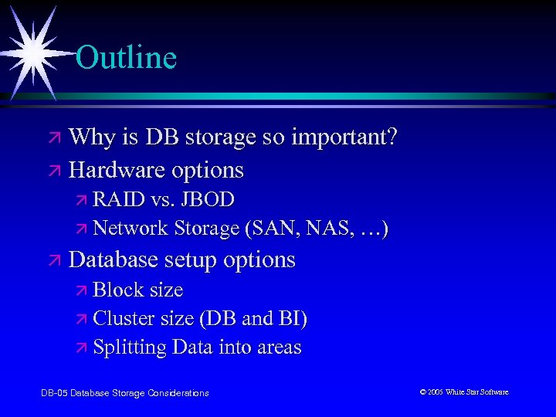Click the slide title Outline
[127, 58]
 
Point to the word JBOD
[208, 199]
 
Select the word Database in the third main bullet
[113, 259]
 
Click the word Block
[116, 290]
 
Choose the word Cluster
[124, 319]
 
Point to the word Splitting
[129, 347]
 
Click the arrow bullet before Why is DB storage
[55, 139]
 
